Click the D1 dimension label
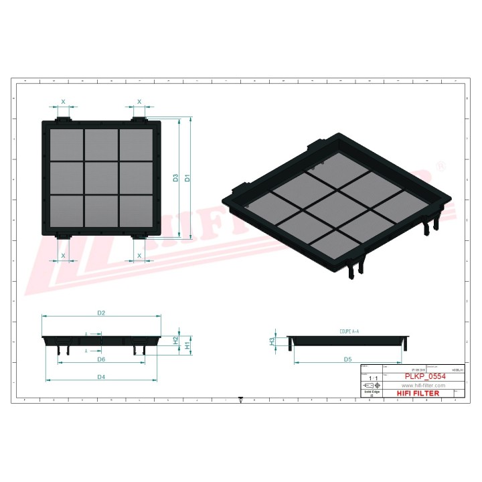(x=188, y=178)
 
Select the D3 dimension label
(x=175, y=178)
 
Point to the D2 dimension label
(x=102, y=313)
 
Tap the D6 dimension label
(x=101, y=359)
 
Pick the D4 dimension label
(x=101, y=377)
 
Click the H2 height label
(x=175, y=339)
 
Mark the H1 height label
(x=187, y=342)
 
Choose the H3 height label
(x=272, y=341)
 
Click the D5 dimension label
(x=348, y=359)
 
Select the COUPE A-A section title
(x=345, y=331)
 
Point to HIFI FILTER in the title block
(x=418, y=394)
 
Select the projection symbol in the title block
(x=371, y=386)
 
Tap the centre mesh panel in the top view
(x=101, y=177)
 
